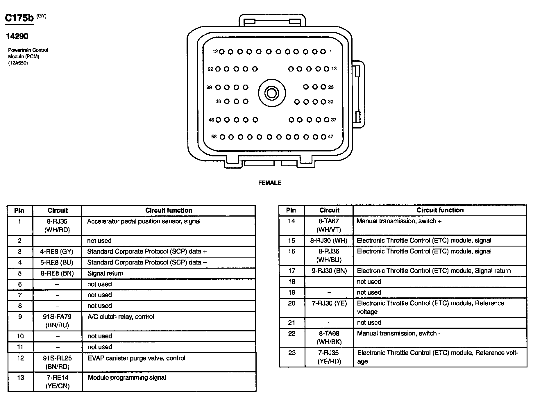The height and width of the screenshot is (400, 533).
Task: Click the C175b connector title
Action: (x=19, y=18)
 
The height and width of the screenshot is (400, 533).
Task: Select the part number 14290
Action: (x=17, y=36)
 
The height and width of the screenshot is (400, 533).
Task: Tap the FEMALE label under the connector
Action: (x=270, y=183)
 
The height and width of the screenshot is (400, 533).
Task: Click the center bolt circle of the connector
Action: (x=272, y=93)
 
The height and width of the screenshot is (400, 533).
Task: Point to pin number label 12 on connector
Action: (x=215, y=51)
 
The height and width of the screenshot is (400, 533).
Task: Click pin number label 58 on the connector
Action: (x=214, y=137)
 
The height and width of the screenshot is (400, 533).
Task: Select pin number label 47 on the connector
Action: (x=330, y=137)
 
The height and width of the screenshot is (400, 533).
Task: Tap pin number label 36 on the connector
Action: (x=218, y=101)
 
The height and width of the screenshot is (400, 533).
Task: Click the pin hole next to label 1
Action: (x=323, y=52)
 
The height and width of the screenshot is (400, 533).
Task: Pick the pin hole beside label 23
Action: (x=323, y=87)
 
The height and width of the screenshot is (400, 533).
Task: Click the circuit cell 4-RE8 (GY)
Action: (x=57, y=252)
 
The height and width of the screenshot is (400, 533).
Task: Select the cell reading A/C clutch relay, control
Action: (x=121, y=317)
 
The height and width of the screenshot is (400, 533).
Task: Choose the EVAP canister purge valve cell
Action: (x=137, y=358)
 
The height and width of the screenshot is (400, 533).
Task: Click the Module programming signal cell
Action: (x=127, y=378)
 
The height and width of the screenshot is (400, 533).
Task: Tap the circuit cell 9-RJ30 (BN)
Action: (x=329, y=271)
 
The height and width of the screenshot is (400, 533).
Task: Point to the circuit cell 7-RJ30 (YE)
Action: (x=329, y=303)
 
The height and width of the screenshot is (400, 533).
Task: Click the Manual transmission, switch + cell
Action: (x=399, y=221)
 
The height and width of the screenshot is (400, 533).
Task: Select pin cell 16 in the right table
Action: (x=291, y=251)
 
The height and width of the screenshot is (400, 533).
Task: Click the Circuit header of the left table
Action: (x=58, y=210)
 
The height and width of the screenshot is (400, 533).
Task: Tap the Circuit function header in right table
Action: (x=440, y=210)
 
